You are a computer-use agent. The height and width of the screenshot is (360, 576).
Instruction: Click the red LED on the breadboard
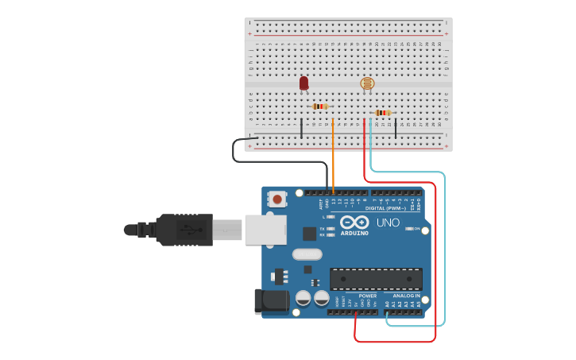click(303, 83)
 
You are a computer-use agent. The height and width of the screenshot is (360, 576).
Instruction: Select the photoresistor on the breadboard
click(367, 83)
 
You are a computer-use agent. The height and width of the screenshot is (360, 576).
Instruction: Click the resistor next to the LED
click(320, 106)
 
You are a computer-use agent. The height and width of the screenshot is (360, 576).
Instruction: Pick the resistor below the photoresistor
click(383, 113)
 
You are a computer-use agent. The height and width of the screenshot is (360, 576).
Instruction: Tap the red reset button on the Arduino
click(276, 199)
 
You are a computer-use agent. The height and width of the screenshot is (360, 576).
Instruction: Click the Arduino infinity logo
click(354, 222)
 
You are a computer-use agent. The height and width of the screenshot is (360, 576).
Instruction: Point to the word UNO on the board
click(388, 223)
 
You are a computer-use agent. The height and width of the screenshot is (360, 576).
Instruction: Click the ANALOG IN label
click(406, 296)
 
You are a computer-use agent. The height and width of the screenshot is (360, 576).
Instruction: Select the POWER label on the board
click(367, 296)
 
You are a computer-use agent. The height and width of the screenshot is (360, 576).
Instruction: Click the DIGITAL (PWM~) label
click(386, 208)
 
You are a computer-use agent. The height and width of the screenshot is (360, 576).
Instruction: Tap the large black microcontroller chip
click(376, 279)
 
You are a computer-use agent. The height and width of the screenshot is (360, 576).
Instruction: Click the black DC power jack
click(269, 301)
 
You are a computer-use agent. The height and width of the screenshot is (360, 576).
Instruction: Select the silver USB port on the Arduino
click(265, 230)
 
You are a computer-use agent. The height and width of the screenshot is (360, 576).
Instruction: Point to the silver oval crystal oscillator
click(307, 254)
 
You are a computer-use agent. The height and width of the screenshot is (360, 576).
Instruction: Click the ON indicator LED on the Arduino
click(410, 229)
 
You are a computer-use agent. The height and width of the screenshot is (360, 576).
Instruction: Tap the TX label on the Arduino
click(323, 228)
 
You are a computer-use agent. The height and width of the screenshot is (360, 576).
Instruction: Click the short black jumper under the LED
click(301, 129)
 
